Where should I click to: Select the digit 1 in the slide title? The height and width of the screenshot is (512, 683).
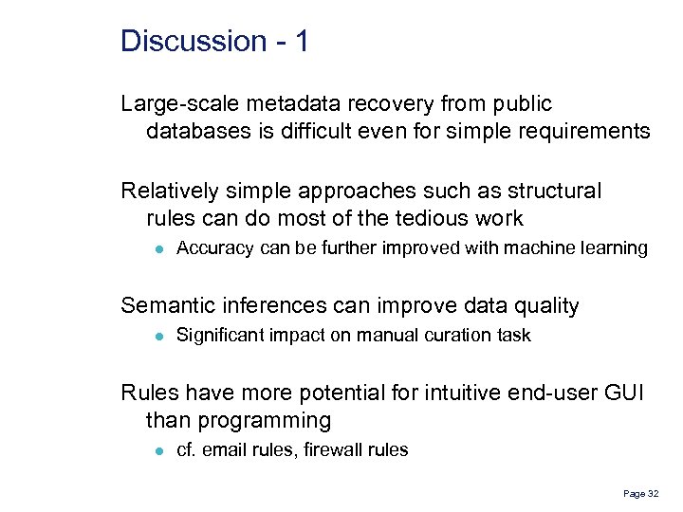tap(301, 42)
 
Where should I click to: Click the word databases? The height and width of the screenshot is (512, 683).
tap(196, 131)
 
